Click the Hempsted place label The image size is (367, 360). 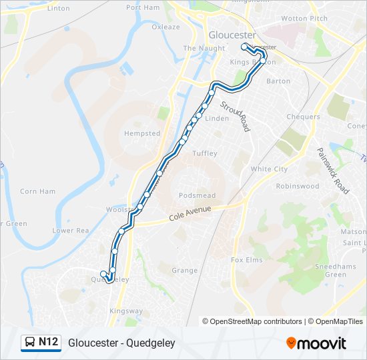[x=142, y=133]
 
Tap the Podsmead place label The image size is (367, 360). [x=197, y=195]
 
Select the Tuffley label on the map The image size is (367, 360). [x=205, y=153]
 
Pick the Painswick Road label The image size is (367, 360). [x=332, y=171]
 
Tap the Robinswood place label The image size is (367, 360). [x=298, y=187]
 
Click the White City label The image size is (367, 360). [x=269, y=169]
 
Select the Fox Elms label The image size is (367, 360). [x=246, y=259]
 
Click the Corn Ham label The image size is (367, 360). [x=37, y=191]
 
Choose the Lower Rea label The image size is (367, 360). [x=71, y=231]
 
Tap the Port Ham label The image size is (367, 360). [x=143, y=7]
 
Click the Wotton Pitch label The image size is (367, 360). [x=304, y=19]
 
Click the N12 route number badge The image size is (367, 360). [x=48, y=343]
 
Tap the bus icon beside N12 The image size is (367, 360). [x=30, y=343]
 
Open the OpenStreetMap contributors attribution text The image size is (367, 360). [x=256, y=321]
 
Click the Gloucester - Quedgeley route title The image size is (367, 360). [x=121, y=343]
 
